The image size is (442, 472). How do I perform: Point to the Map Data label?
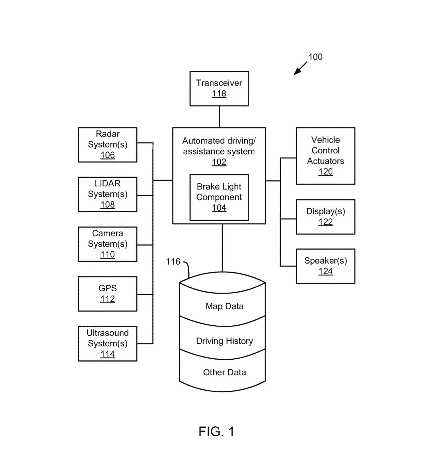(x=224, y=306)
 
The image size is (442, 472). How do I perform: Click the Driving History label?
(x=224, y=341)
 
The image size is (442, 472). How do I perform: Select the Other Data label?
(x=224, y=372)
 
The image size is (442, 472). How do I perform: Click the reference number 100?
(x=315, y=57)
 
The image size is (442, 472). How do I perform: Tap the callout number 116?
(x=173, y=262)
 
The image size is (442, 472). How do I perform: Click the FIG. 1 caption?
(x=216, y=431)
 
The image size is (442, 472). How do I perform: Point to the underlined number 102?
(x=219, y=162)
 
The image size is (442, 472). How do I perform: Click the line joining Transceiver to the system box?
(x=219, y=117)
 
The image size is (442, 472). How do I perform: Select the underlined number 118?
(x=219, y=93)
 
